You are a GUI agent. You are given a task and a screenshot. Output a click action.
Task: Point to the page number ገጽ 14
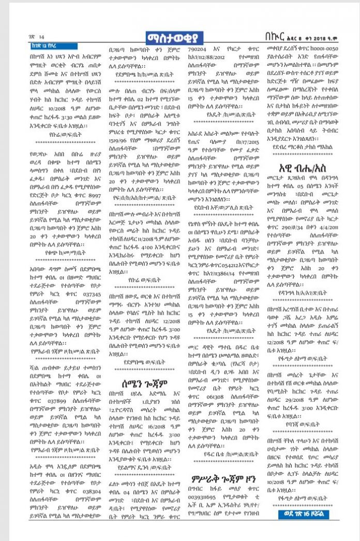point(37,37)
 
